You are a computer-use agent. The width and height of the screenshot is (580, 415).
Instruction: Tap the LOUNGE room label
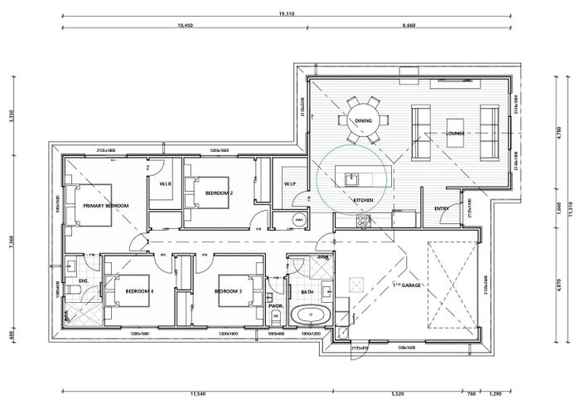pyautogui.click(x=455, y=133)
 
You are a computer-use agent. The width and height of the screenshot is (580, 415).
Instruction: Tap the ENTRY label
pyautogui.click(x=442, y=208)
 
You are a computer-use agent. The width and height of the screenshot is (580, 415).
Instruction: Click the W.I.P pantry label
pyautogui.click(x=290, y=183)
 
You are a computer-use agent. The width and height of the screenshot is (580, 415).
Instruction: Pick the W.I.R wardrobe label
pyautogui.click(x=164, y=184)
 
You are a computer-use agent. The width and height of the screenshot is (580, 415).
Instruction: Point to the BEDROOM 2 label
pyautogui.click(x=219, y=193)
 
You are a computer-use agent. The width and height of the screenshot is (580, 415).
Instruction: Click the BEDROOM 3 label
pyautogui.click(x=228, y=291)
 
